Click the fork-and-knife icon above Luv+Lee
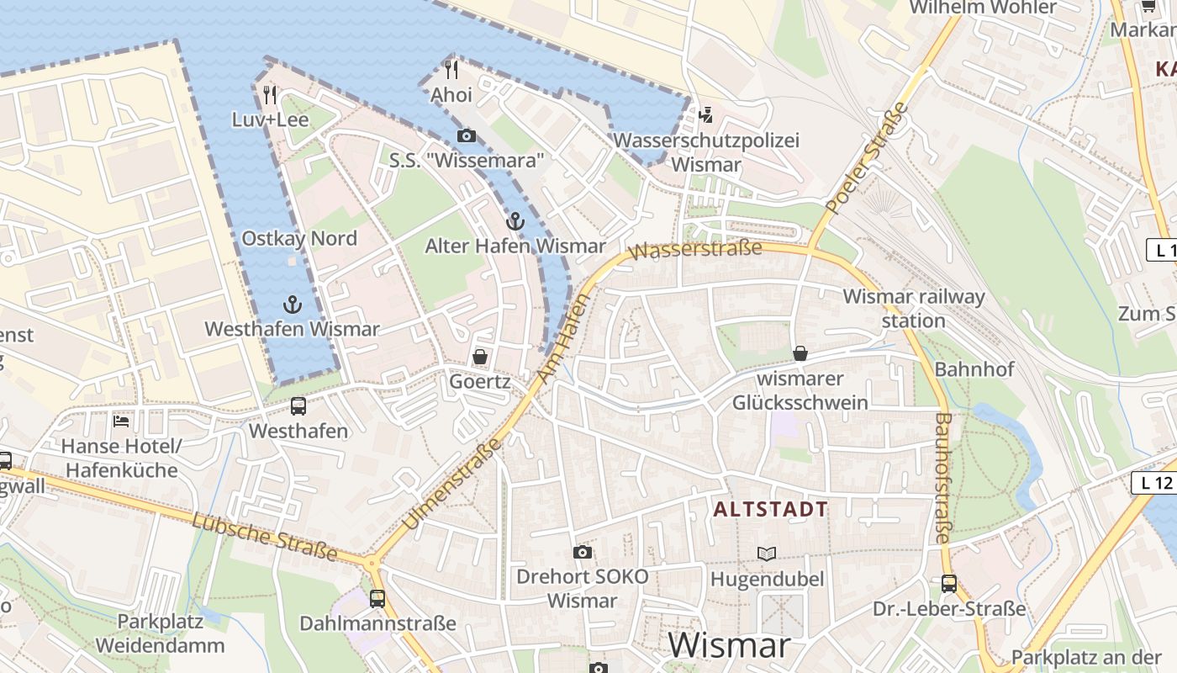269,94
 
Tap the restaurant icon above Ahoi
451,69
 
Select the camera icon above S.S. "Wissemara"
466,135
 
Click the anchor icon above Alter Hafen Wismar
515,221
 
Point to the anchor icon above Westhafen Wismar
293,304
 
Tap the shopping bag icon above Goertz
480,357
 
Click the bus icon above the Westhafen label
298,406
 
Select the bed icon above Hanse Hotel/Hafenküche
121,421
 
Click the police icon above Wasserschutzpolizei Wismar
706,114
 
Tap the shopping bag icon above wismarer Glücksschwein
800,353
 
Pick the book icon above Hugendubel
767,554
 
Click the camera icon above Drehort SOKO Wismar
582,552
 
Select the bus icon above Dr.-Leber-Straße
949,583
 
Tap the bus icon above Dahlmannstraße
377,598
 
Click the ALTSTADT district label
771,509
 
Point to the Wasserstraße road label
695,249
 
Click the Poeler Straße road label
868,156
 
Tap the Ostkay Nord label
299,238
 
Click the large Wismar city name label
729,645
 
